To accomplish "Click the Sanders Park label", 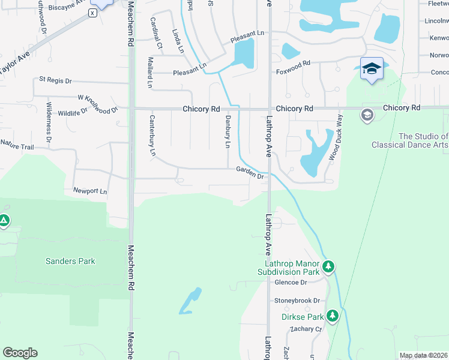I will (x=70, y=261).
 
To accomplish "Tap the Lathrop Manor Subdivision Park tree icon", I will (x=328, y=266).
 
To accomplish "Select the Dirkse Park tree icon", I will (x=332, y=316).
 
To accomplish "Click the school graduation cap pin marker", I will (x=372, y=68).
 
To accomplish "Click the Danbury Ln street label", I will (x=228, y=133).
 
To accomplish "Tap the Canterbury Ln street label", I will (x=152, y=136).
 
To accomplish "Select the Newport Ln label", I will (x=90, y=191).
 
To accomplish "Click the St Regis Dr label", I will (x=55, y=80).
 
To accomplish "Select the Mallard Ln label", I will (x=149, y=73).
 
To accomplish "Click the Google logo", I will (x=20, y=353).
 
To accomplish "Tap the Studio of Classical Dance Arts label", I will (x=410, y=140).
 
